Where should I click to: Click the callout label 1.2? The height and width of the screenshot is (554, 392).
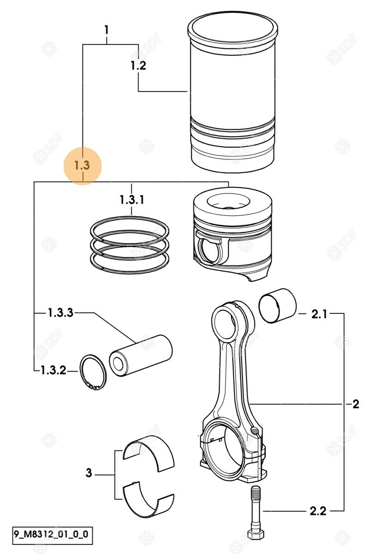[138, 66]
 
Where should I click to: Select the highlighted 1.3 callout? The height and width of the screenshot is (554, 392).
[82, 165]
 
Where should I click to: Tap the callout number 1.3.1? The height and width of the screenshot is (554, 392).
[132, 200]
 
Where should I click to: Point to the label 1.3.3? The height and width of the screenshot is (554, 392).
[60, 313]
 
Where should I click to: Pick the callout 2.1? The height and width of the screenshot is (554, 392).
[319, 314]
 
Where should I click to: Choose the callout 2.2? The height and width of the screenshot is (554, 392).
[318, 511]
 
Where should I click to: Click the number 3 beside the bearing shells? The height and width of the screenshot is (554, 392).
[89, 473]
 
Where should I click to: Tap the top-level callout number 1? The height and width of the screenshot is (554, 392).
[107, 30]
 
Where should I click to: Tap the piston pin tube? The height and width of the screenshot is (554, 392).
[140, 354]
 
